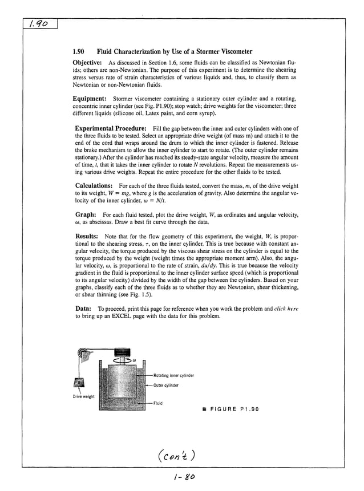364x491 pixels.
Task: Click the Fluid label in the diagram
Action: [159, 403]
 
